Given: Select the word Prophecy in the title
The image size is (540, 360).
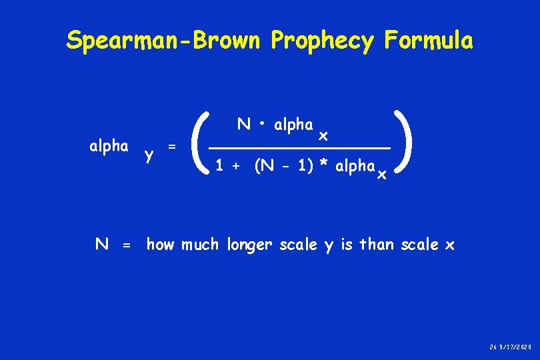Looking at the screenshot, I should [323, 41].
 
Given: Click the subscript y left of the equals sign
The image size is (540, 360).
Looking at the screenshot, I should [149, 155].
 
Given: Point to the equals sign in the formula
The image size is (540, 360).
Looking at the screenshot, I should [172, 146].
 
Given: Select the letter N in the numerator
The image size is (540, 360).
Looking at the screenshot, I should [244, 125].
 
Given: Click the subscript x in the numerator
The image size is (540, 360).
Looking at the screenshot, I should [323, 135].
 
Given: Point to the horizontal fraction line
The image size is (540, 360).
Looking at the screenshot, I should [299, 147].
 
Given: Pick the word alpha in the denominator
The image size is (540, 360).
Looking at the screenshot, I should [355, 166].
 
